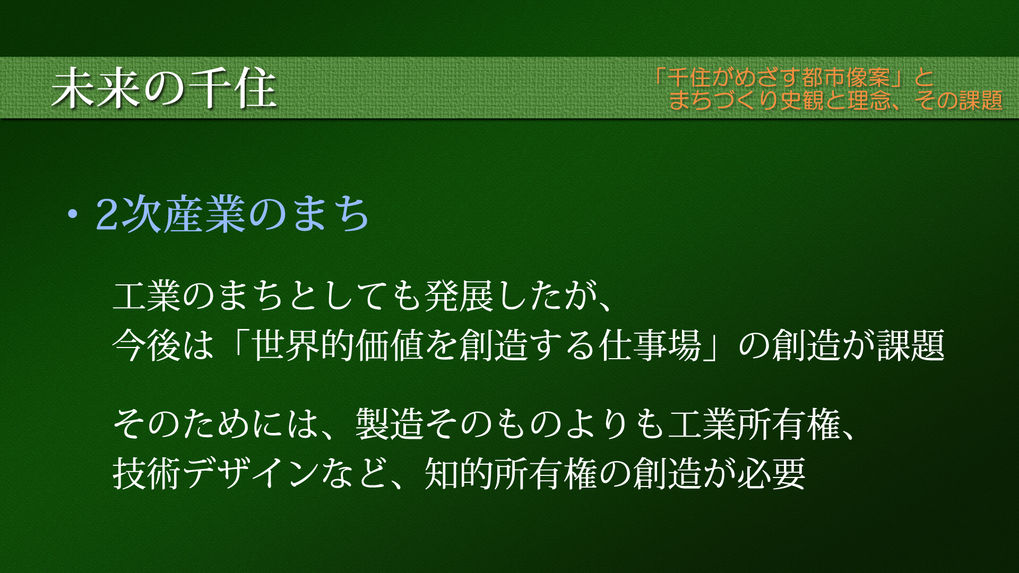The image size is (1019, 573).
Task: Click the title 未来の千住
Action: tap(164, 88)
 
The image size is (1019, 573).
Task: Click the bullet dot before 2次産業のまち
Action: tap(72, 214)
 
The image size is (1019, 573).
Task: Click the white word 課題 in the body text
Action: tap(911, 345)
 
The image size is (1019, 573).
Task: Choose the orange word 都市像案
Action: tap(846, 77)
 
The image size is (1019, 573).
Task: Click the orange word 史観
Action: tap(802, 100)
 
